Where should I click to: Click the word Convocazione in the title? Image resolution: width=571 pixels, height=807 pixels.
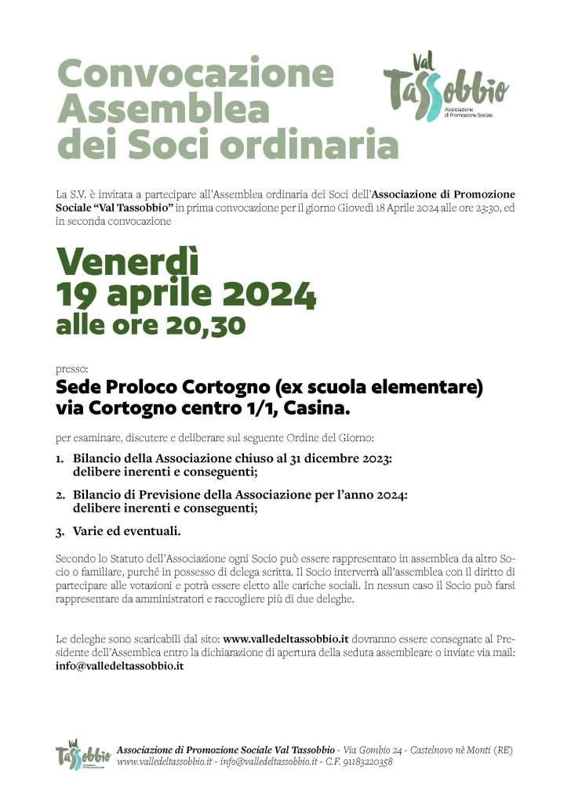pyautogui.click(x=195, y=74)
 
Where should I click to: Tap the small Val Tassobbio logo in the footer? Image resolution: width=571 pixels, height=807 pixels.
pyautogui.click(x=79, y=755)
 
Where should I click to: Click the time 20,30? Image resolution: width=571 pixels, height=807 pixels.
pyautogui.click(x=208, y=324)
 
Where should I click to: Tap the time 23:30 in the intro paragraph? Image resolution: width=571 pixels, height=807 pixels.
pyautogui.click(x=481, y=207)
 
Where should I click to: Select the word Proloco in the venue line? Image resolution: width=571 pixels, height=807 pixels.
pyautogui.click(x=143, y=388)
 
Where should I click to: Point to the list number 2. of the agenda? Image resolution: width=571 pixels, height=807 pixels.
pyautogui.click(x=60, y=495)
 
